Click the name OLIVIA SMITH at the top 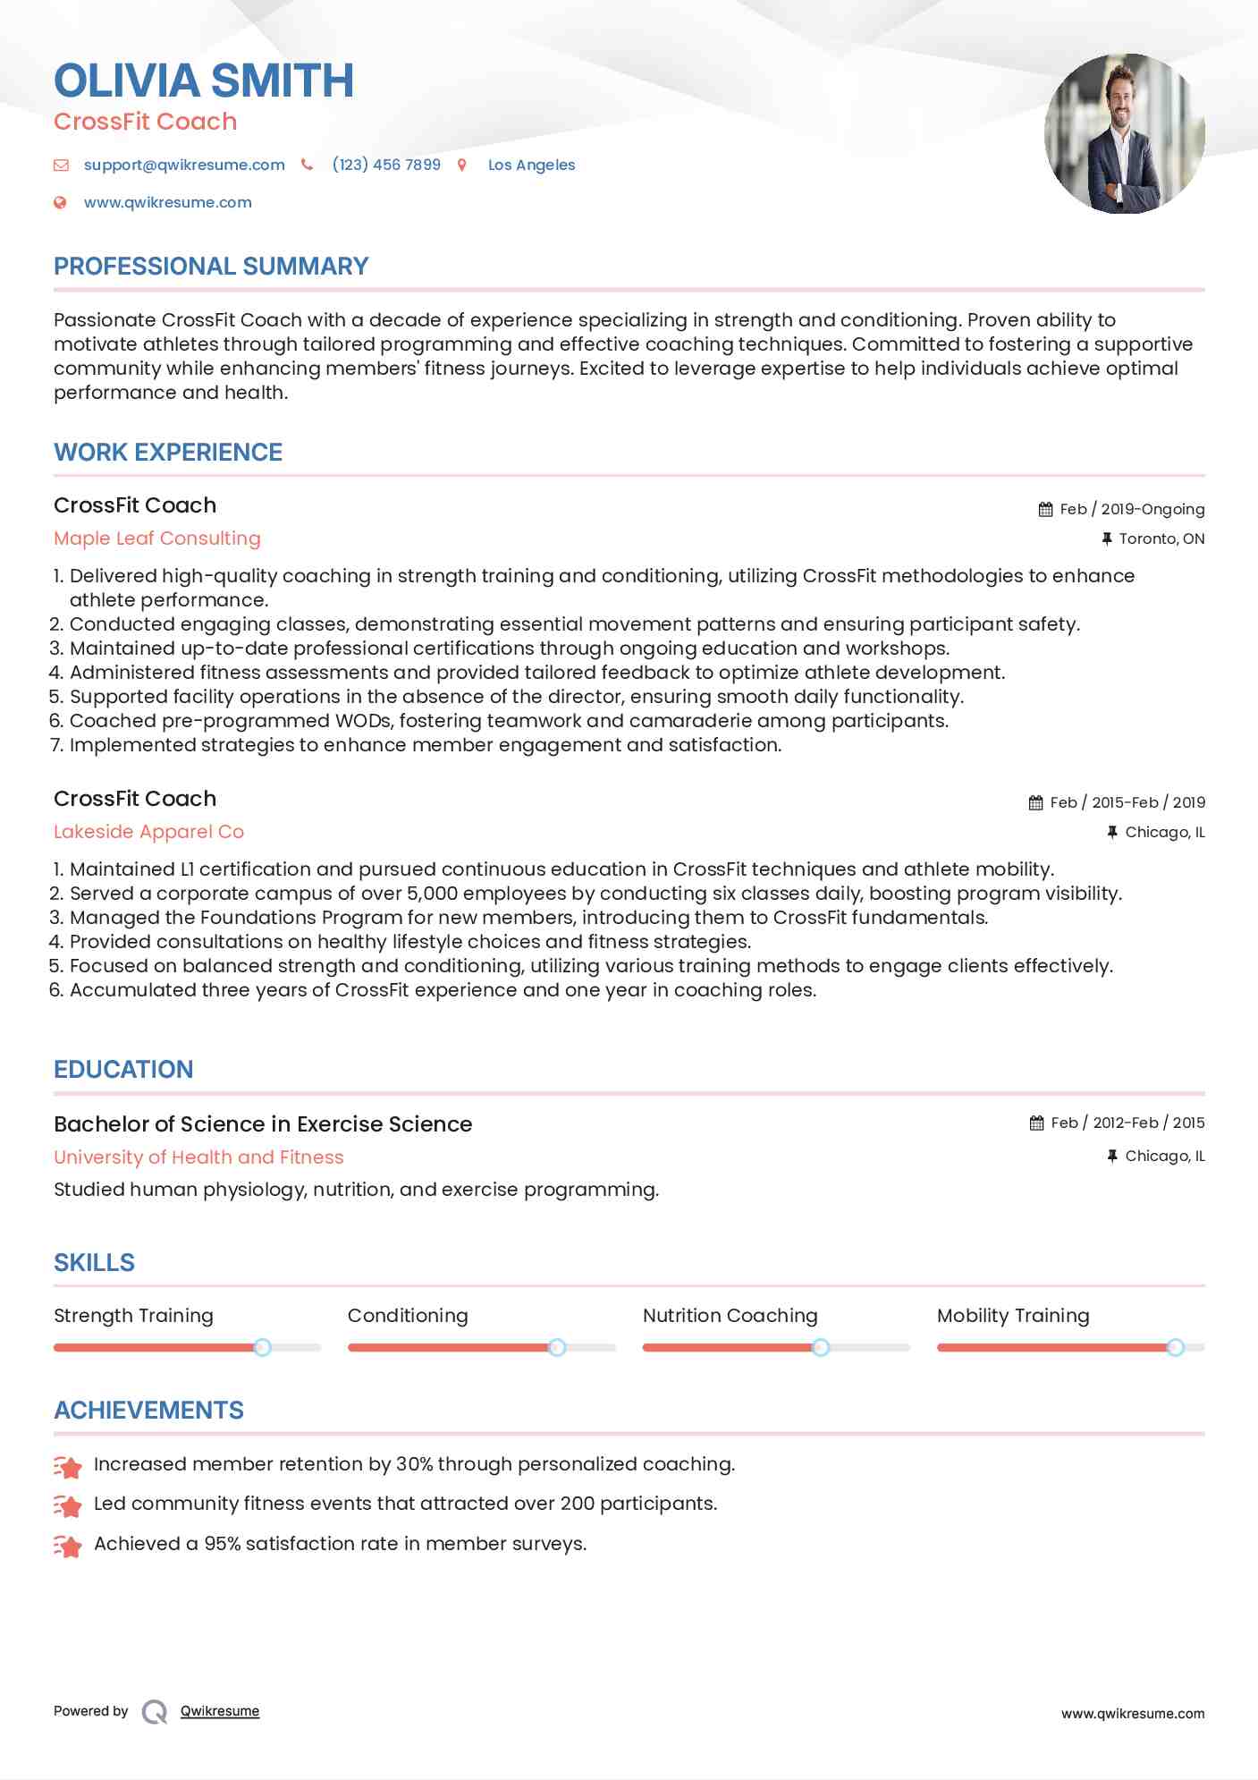(204, 81)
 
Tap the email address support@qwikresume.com (184, 165)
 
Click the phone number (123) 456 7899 (385, 165)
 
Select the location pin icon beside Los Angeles (462, 165)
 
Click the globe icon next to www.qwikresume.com (60, 202)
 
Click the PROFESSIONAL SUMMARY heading (211, 267)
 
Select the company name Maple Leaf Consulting (157, 538)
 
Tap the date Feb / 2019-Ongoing (1131, 509)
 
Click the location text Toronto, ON (1161, 538)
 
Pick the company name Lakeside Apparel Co (148, 832)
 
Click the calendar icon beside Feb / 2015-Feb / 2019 (1035, 802)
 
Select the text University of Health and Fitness (198, 1157)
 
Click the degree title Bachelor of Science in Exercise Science (263, 1124)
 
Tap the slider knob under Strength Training (262, 1347)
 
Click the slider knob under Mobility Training (1175, 1347)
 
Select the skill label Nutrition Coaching (730, 1316)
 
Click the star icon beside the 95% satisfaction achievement (68, 1546)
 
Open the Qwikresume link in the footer (220, 1711)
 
